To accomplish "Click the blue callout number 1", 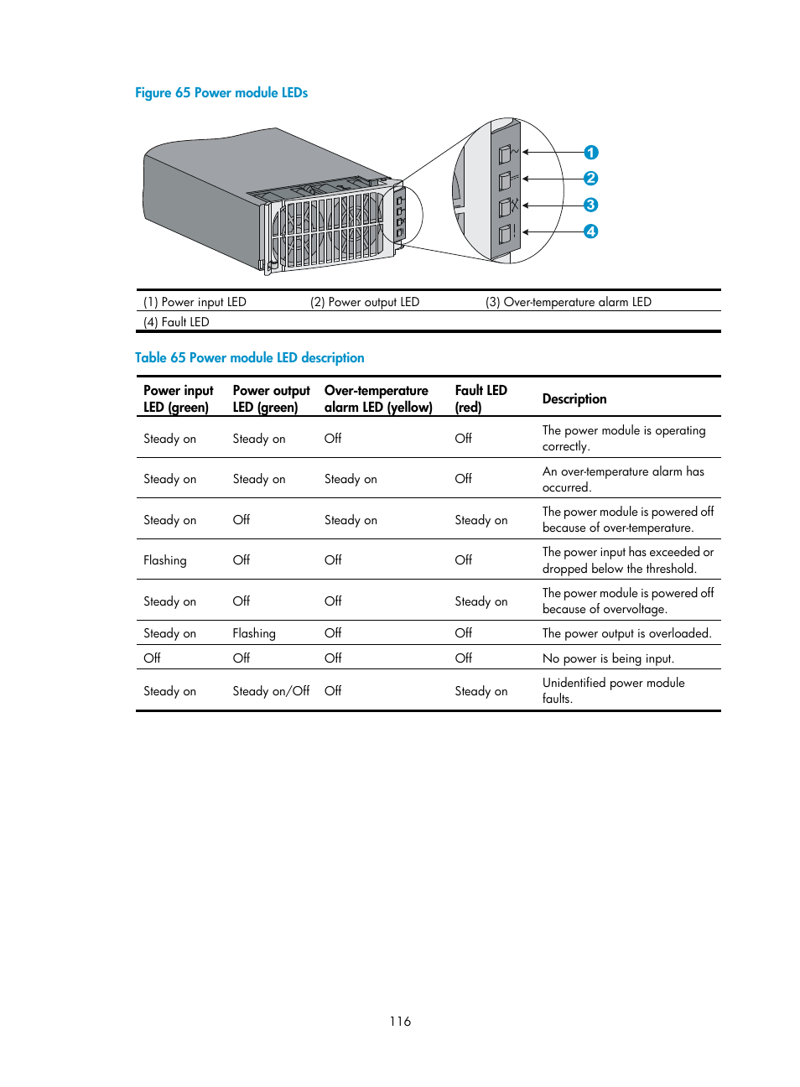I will tap(591, 153).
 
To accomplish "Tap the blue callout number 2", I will tap(591, 179).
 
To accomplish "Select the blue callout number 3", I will tap(591, 205).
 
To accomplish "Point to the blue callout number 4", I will tap(591, 231).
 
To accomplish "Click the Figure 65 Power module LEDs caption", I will tap(221, 93).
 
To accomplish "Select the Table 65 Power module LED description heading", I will tap(249, 358).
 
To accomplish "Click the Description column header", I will tap(574, 399).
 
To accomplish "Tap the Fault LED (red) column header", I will tap(481, 398).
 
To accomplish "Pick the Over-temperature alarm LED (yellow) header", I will tap(378, 398).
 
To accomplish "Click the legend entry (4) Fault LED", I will tap(176, 322).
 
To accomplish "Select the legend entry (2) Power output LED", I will tap(365, 302).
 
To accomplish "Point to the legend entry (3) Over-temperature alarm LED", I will tap(568, 302).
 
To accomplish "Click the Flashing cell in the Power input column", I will tap(165, 560).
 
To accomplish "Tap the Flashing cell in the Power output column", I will tap(254, 633).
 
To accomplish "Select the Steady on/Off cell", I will tap(271, 691).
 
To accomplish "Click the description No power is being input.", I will tap(608, 658).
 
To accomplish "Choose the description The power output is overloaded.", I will tap(626, 633).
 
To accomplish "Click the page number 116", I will tap(400, 1022).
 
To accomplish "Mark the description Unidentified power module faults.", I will tap(613, 690).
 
